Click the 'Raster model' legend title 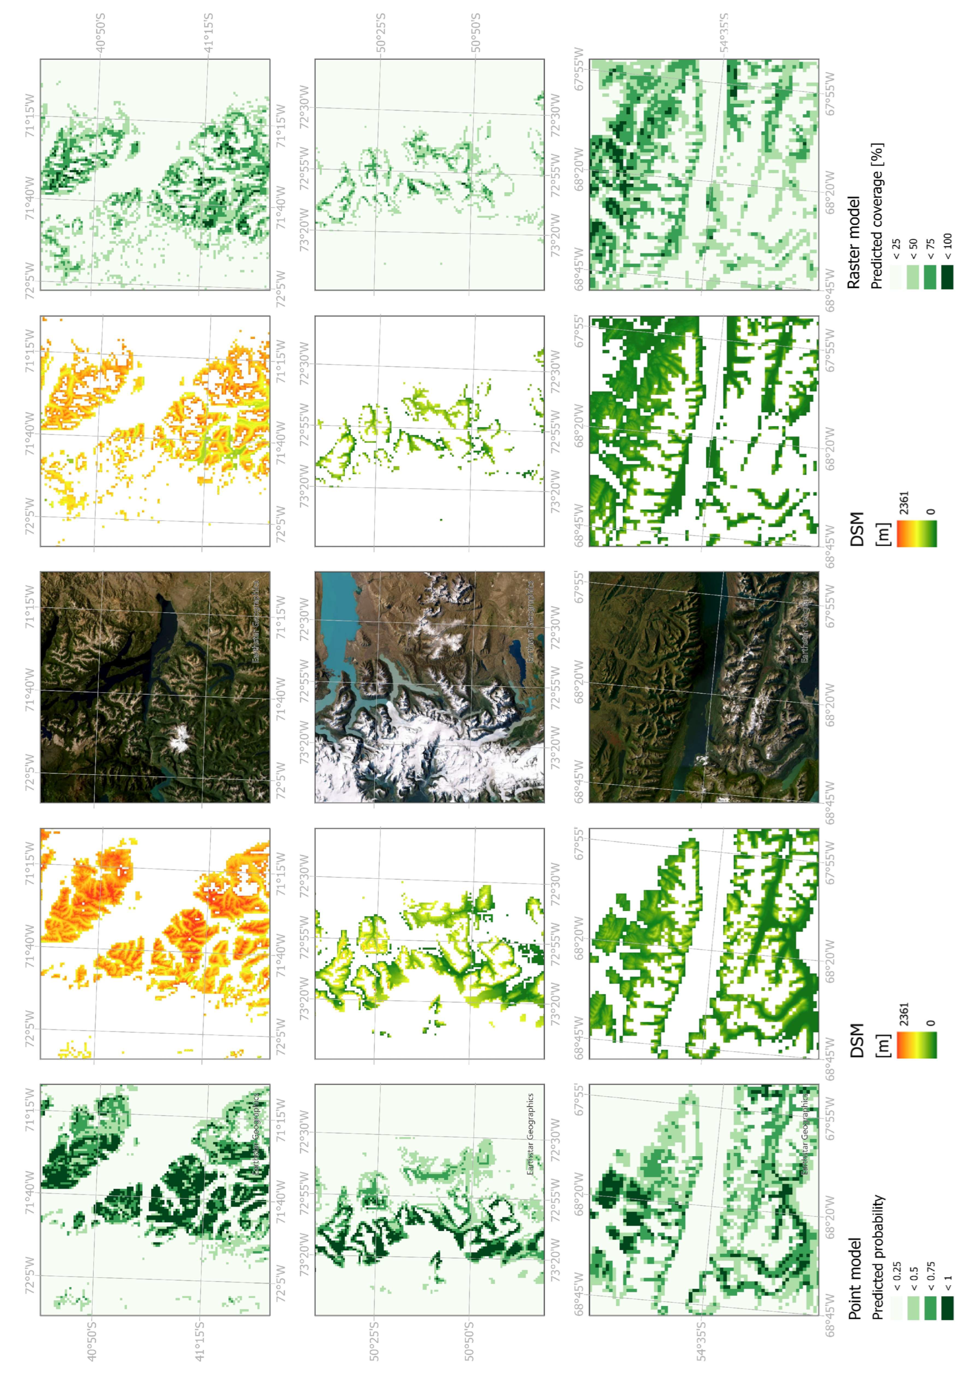854,243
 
